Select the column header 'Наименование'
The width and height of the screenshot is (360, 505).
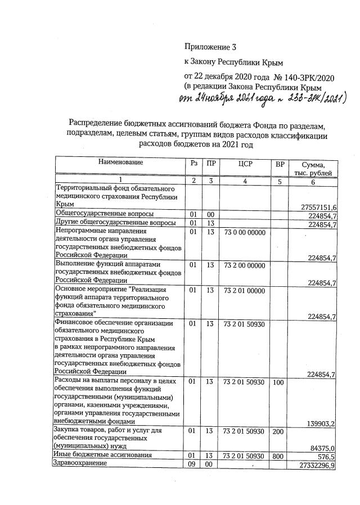[x=121, y=163]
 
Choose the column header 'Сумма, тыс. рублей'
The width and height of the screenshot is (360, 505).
[x=312, y=168]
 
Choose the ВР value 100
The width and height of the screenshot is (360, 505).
[x=278, y=382]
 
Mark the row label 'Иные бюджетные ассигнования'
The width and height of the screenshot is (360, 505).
[x=101, y=454]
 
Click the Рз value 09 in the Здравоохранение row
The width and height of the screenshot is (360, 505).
[x=193, y=465]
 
